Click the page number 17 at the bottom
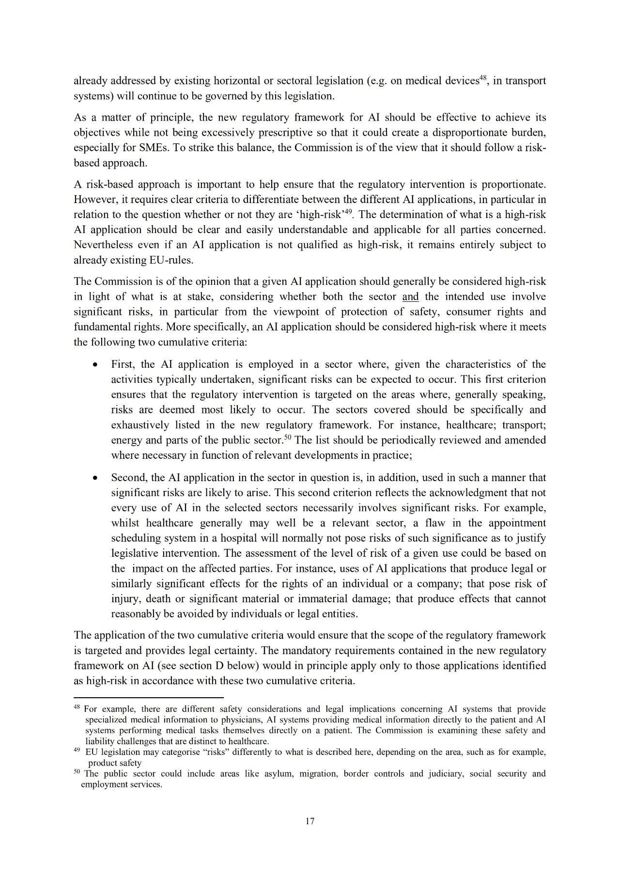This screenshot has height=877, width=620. (x=310, y=821)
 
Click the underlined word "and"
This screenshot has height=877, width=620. (x=410, y=297)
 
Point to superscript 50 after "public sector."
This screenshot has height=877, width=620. (x=287, y=438)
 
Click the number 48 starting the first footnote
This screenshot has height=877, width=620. (x=77, y=708)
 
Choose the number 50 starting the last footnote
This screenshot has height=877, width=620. (x=77, y=772)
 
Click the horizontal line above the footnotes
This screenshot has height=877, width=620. (x=148, y=698)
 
